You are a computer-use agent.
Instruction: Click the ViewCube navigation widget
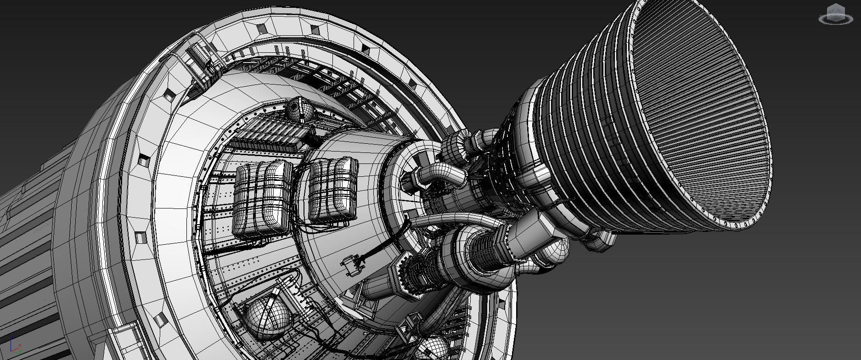point(835,15)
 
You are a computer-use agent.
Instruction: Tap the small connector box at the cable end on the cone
point(353,265)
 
